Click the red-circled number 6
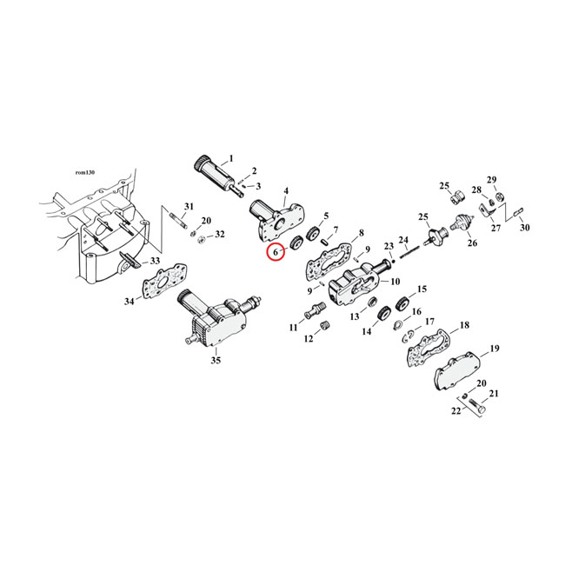click(276, 253)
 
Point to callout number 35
click(215, 360)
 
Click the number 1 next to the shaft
click(230, 159)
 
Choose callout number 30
click(523, 228)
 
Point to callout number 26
click(472, 243)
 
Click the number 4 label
click(286, 190)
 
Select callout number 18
click(464, 324)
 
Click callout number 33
click(155, 261)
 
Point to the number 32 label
click(219, 235)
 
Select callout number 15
click(422, 289)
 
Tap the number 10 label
click(395, 281)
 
